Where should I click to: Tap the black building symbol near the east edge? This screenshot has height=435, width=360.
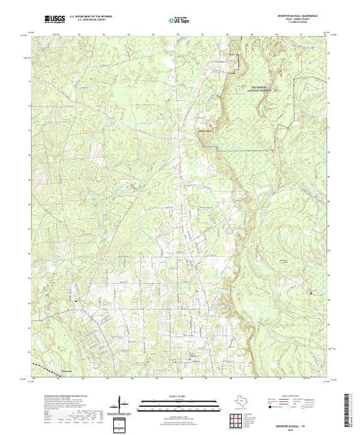point(311,294)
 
